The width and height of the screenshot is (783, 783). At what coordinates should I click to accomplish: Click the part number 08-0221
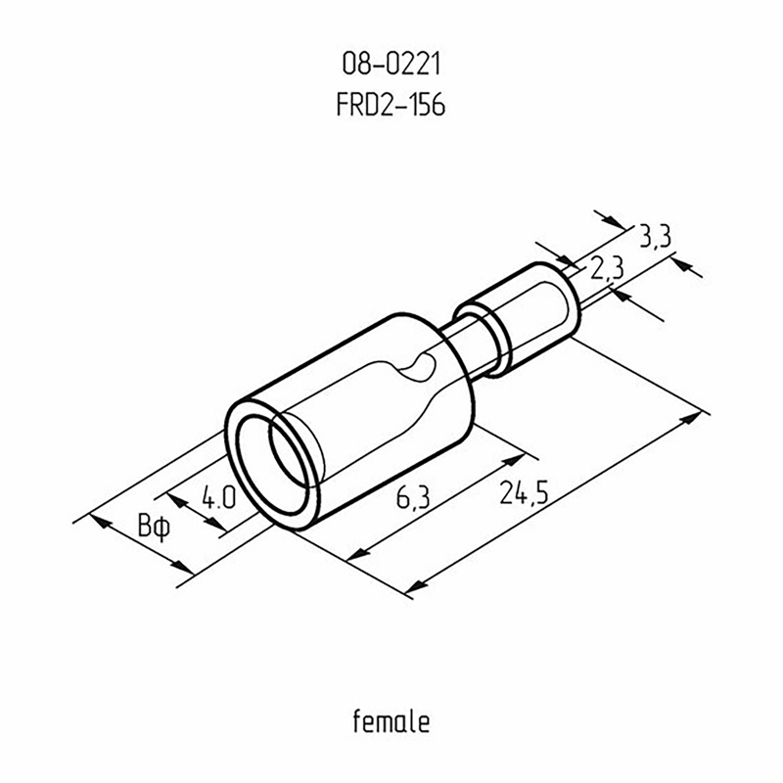click(x=391, y=65)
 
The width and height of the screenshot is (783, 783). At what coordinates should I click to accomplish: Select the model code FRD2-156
click(x=391, y=105)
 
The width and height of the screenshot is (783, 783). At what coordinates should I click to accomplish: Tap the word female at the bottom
click(x=391, y=721)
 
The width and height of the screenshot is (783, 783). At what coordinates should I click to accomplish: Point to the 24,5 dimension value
click(x=524, y=493)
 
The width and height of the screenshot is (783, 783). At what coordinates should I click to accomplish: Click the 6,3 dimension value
click(x=412, y=497)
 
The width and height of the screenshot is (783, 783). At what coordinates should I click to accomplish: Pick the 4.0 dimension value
click(x=218, y=498)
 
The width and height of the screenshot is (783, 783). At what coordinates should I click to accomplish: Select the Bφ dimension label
click(x=154, y=528)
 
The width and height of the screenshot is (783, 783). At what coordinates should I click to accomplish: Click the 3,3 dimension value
click(x=656, y=236)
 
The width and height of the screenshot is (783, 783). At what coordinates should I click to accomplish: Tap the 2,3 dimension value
click(x=607, y=270)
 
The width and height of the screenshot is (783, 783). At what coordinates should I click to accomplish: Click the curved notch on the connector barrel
click(x=419, y=369)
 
